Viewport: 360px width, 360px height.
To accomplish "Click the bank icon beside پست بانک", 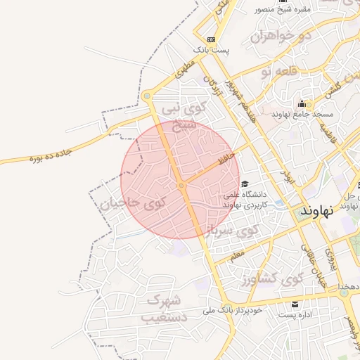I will click(211, 39).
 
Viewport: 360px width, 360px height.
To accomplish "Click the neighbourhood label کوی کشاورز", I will click(271, 276).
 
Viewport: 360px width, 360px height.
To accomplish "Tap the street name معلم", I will click(236, 252).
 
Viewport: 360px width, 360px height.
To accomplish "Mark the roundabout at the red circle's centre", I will click(181, 186).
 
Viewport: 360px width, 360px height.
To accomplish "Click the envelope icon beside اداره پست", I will click(295, 304).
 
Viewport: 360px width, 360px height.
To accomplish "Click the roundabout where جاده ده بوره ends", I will click(147, 96).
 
